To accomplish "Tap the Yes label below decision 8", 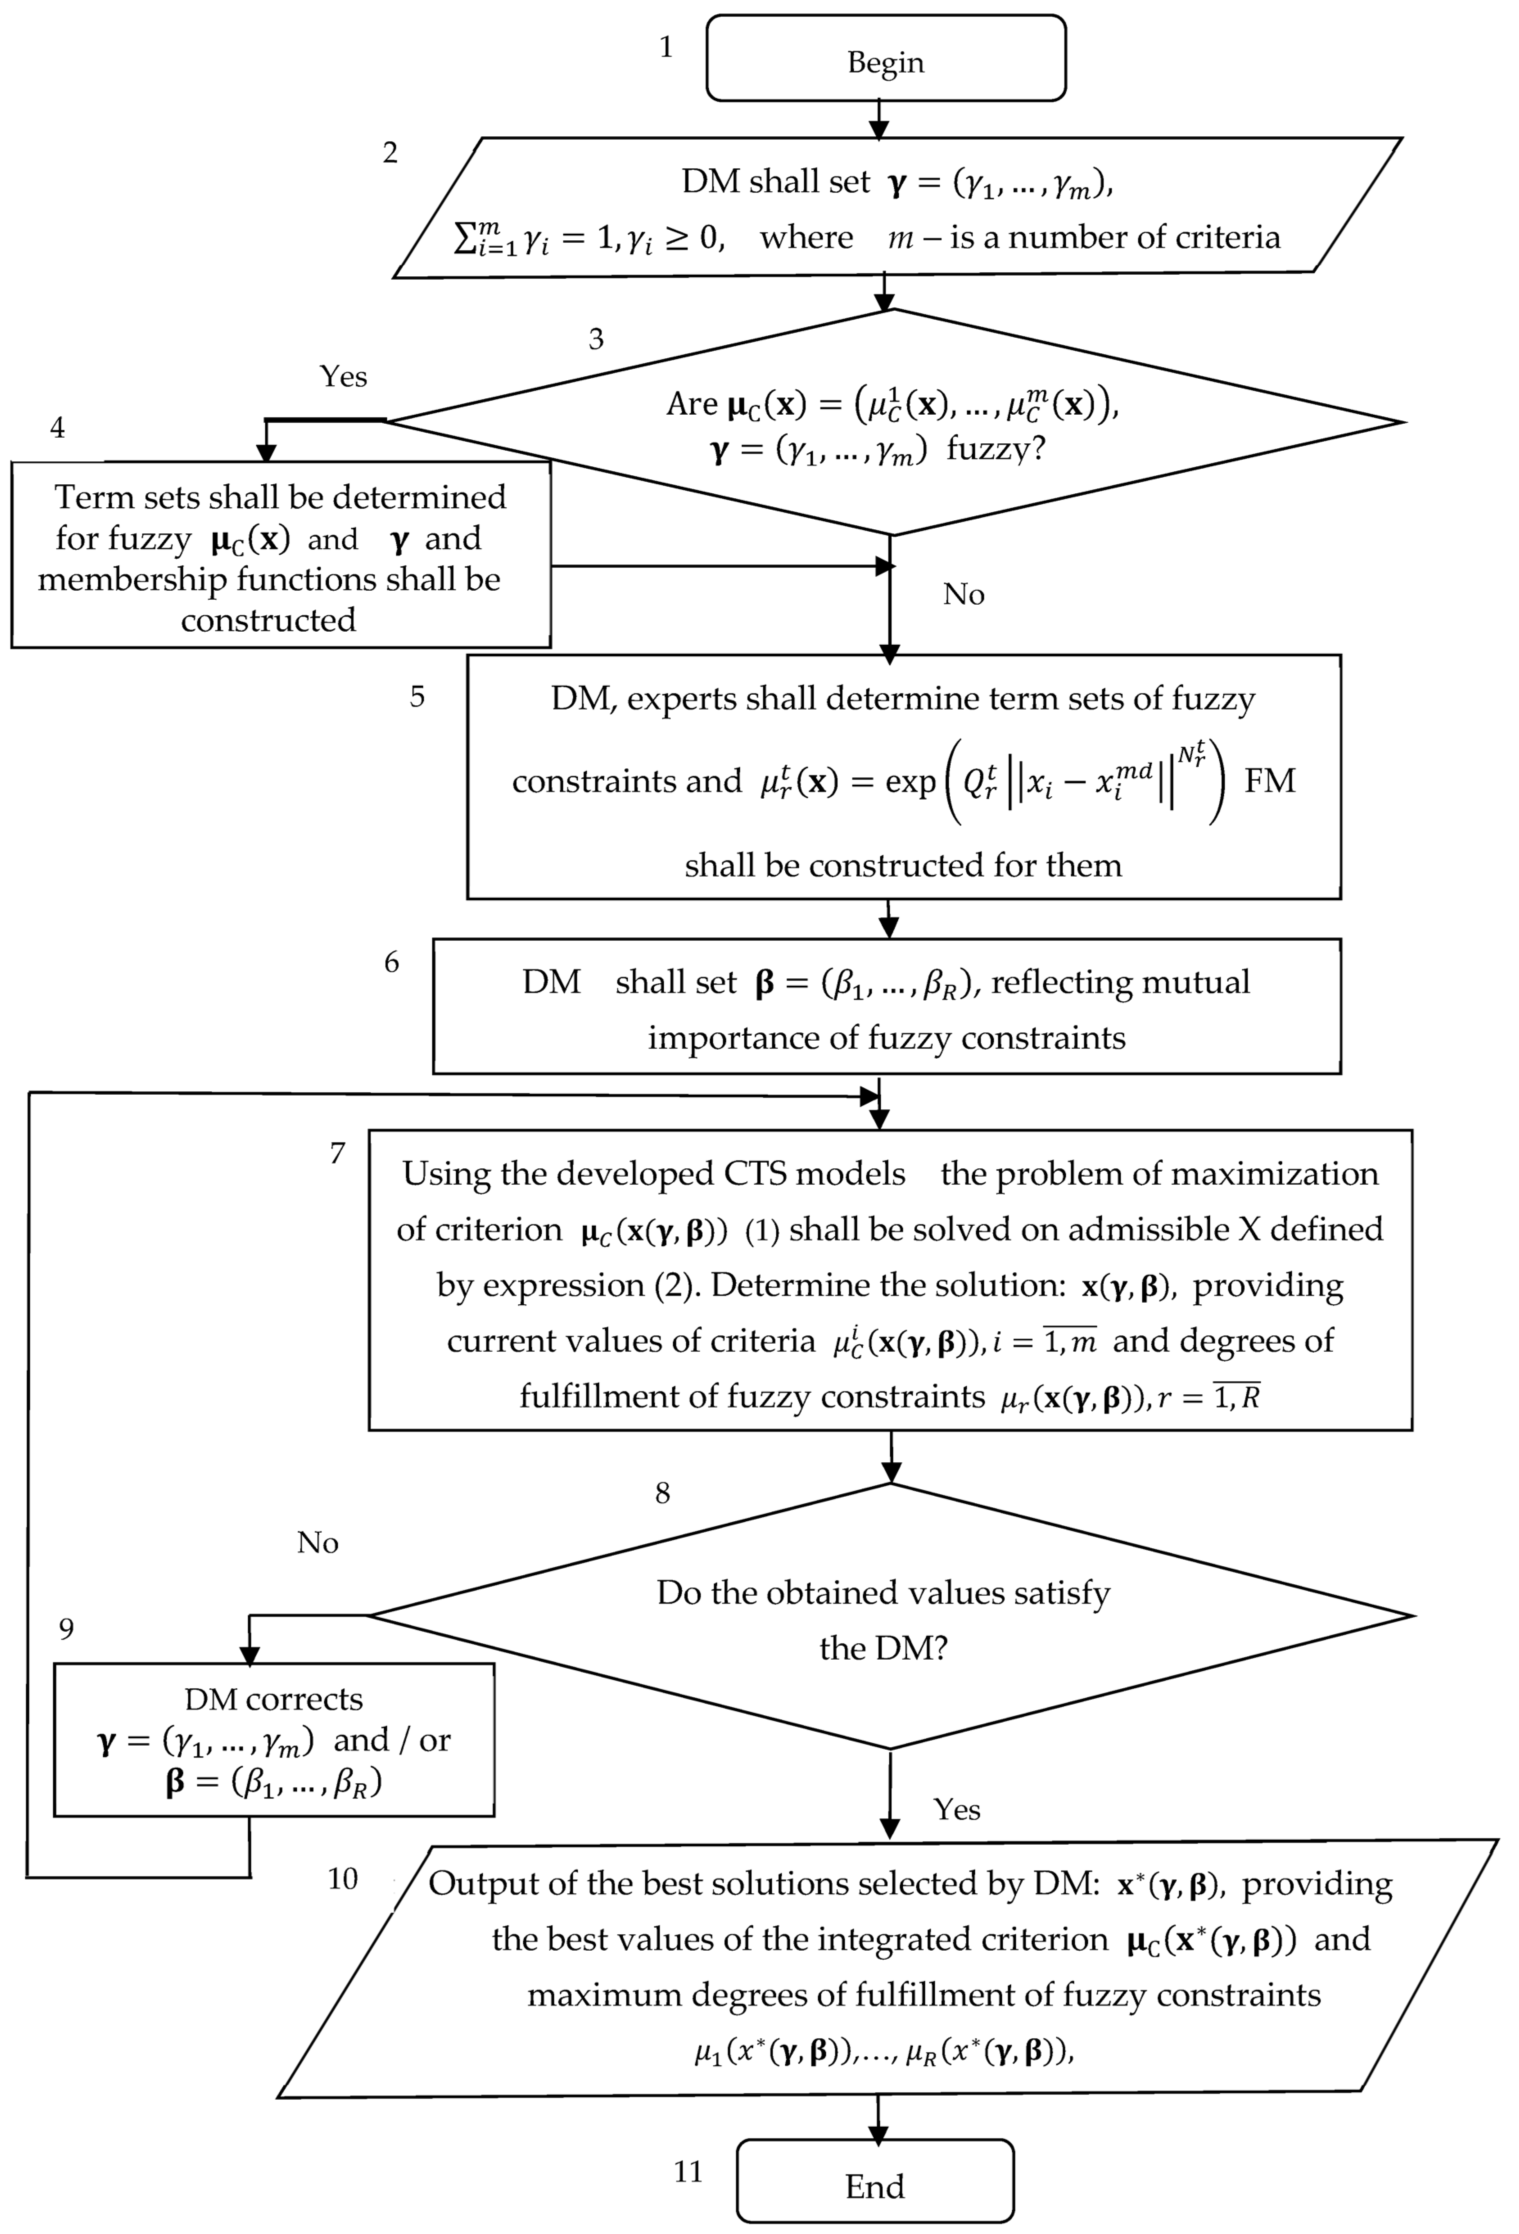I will tap(956, 1809).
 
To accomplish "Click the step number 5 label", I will tap(417, 697).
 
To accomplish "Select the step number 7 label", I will tap(337, 1152).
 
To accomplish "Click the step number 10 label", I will tap(342, 1878).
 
